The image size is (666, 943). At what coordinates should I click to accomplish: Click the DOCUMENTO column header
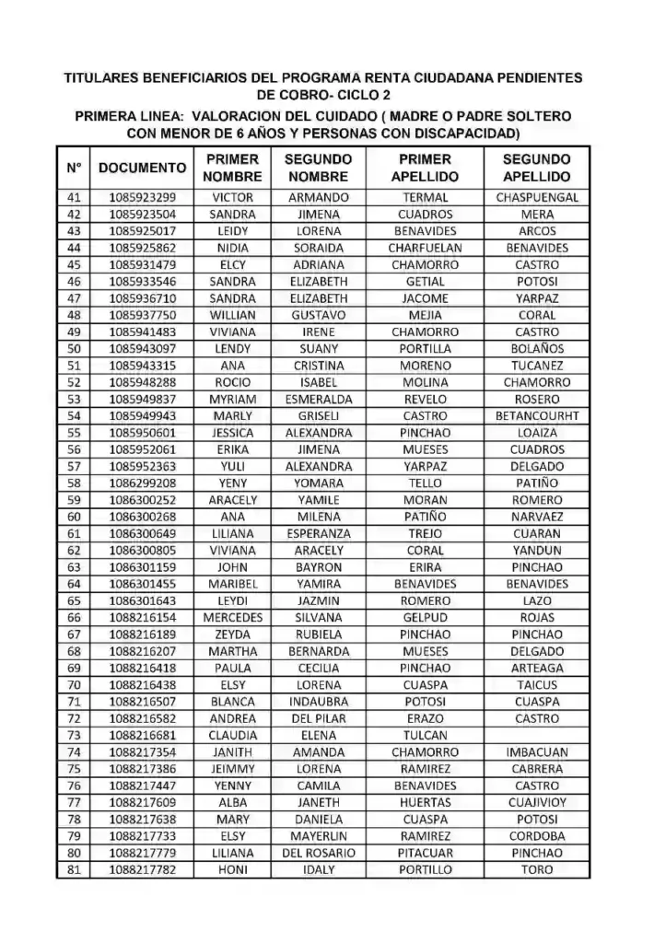point(142,168)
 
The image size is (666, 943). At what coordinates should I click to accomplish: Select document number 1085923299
point(142,197)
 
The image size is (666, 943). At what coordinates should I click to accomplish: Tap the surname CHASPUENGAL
point(537,197)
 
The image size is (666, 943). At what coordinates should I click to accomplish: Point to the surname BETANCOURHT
point(537,416)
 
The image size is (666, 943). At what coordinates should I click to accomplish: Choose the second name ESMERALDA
point(319,400)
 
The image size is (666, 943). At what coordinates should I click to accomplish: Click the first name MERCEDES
point(233,618)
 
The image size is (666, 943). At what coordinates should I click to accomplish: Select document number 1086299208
point(142,483)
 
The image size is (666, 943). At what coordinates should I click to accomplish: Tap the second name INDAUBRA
point(319,702)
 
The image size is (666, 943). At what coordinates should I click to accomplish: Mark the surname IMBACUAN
point(537,752)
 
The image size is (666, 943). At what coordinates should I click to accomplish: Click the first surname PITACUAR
point(426,854)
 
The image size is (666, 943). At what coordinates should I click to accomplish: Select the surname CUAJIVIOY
point(537,803)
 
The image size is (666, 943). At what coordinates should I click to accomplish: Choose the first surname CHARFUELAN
point(426,248)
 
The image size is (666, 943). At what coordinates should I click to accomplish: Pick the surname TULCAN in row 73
point(426,736)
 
